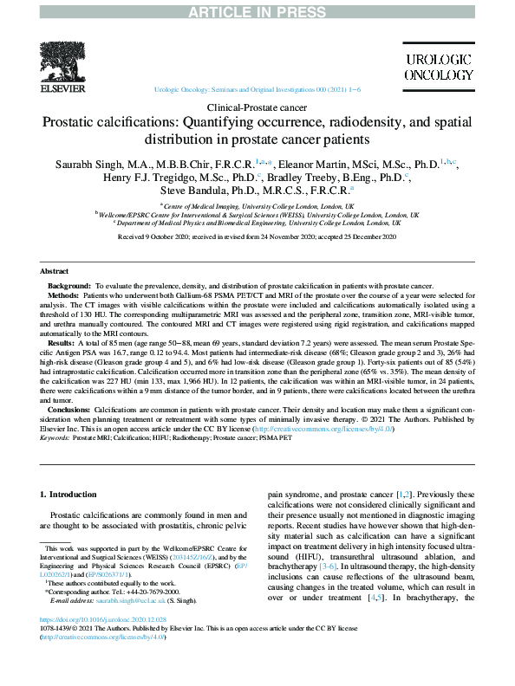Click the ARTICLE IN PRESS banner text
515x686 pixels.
click(257, 9)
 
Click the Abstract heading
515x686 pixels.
click(55, 271)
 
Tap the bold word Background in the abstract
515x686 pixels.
click(68, 285)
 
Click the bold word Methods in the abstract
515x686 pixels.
click(63, 295)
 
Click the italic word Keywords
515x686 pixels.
click(55, 438)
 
